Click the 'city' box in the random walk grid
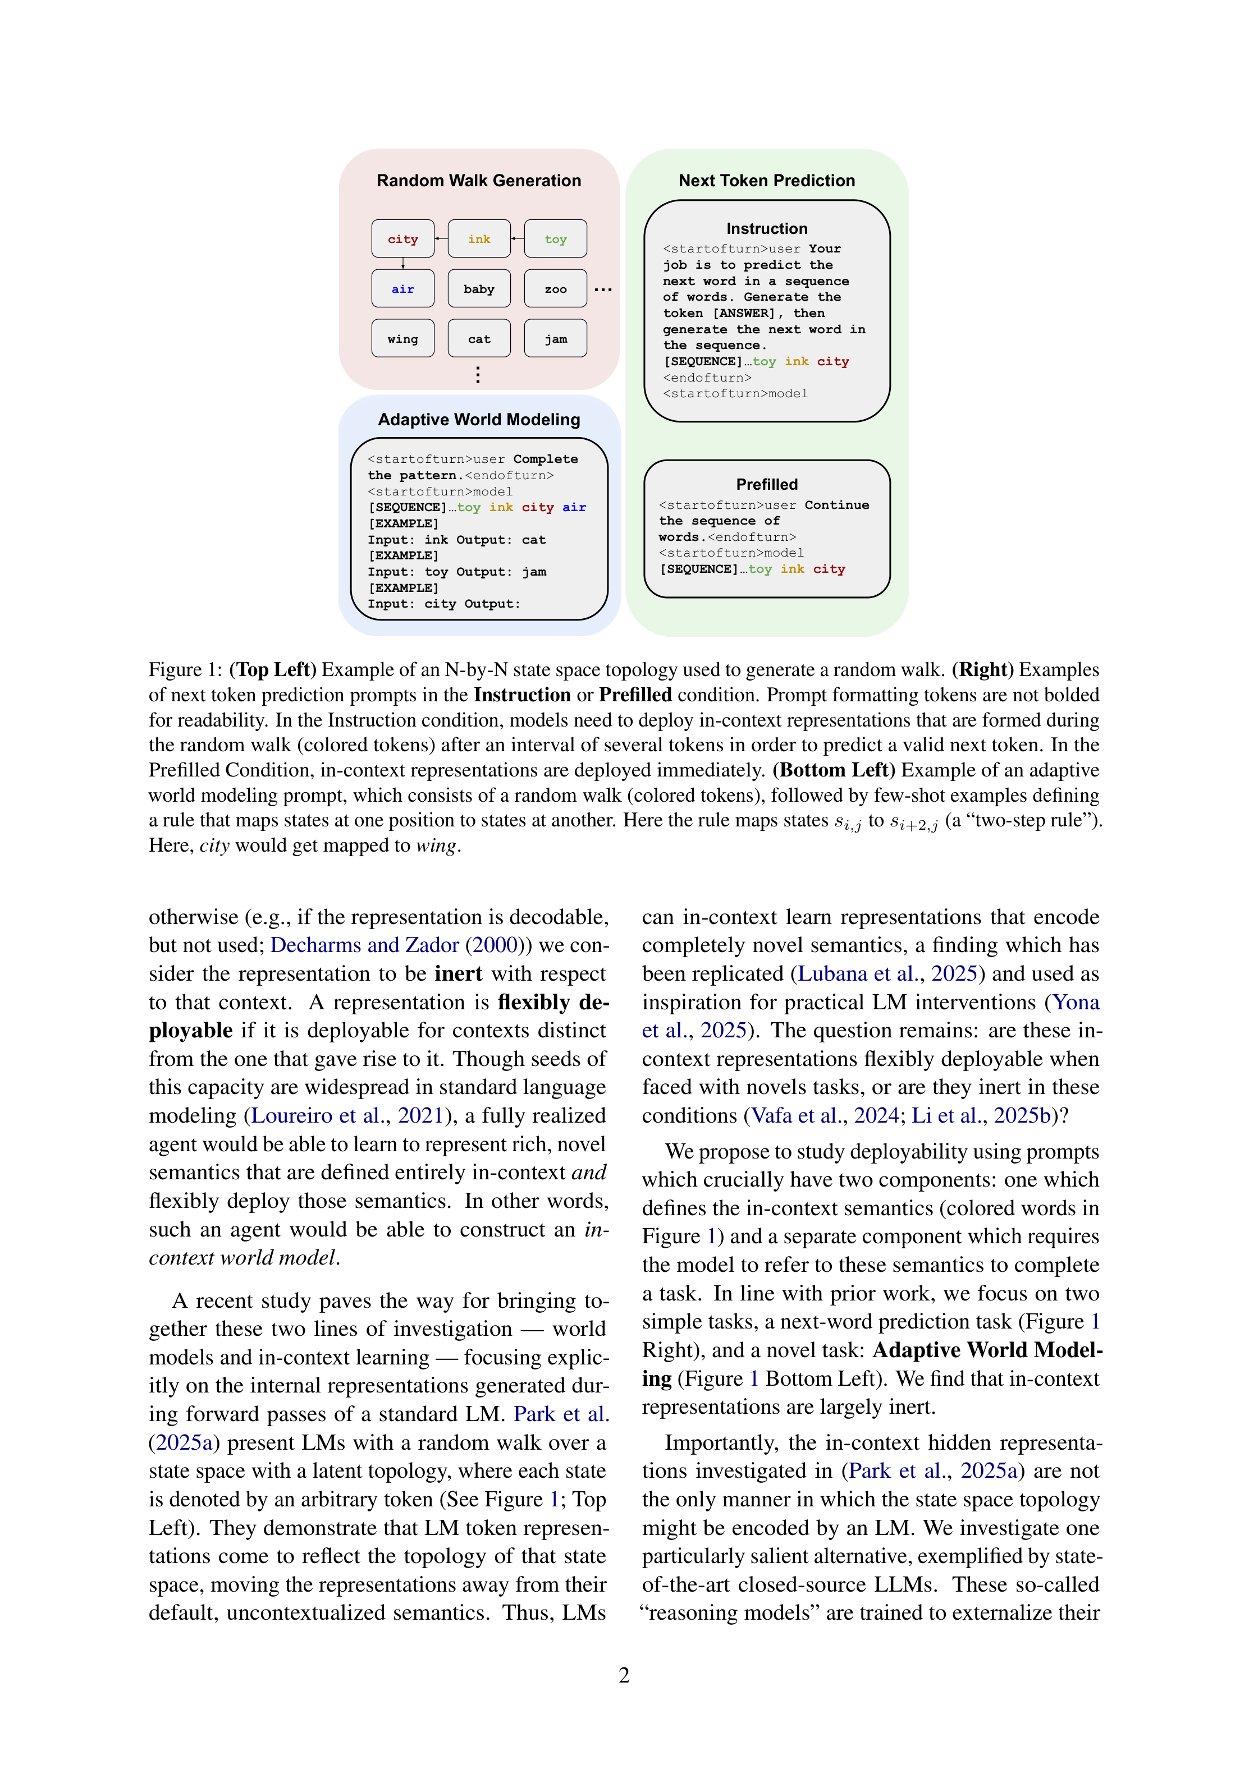pyautogui.click(x=402, y=239)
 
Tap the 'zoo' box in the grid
pyautogui.click(x=555, y=289)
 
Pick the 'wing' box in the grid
pyautogui.click(x=402, y=339)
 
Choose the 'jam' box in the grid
pyautogui.click(x=555, y=339)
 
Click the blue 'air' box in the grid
pyautogui.click(x=402, y=289)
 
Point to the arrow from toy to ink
pyautogui.click(x=518, y=239)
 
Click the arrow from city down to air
pyautogui.click(x=403, y=263)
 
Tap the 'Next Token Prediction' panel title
pyautogui.click(x=766, y=181)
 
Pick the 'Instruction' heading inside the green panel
pyautogui.click(x=766, y=229)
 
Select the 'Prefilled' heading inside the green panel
pyautogui.click(x=766, y=484)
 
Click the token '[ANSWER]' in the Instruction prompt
pyautogui.click(x=744, y=314)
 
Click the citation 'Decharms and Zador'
pyautogui.click(x=364, y=945)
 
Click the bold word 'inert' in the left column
pyautogui.click(x=459, y=974)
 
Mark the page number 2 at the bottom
pyautogui.click(x=624, y=1676)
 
